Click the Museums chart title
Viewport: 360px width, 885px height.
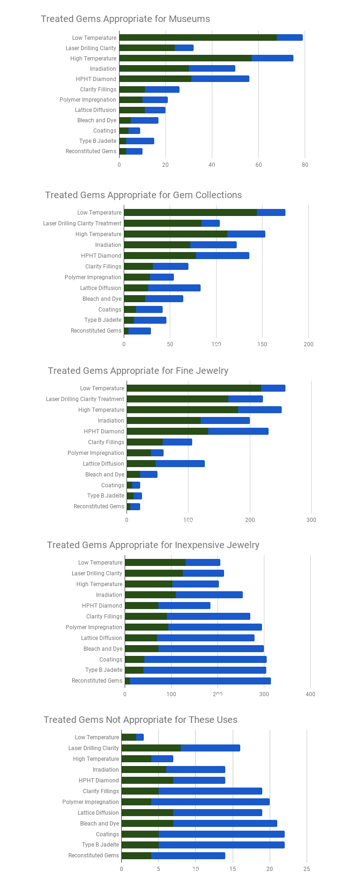click(125, 19)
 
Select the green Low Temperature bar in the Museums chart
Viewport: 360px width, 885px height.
click(198, 37)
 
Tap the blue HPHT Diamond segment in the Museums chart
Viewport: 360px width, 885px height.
click(220, 79)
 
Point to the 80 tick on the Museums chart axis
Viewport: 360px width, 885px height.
click(305, 165)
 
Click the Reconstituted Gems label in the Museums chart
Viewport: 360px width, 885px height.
click(91, 151)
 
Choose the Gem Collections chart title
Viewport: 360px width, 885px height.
click(143, 195)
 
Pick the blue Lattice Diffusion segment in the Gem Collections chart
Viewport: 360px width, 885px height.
click(174, 288)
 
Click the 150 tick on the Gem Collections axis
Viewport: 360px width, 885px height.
click(262, 344)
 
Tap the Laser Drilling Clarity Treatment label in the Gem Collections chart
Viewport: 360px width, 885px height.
click(82, 223)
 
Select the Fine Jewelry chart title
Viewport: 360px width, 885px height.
click(138, 371)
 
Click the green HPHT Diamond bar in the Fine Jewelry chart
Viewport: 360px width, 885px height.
click(167, 431)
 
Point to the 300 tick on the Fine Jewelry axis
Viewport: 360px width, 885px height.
click(311, 520)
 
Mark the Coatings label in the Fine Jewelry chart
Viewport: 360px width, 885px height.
click(112, 485)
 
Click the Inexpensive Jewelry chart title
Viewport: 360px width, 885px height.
click(153, 545)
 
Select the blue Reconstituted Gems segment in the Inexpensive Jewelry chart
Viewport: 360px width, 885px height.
click(200, 681)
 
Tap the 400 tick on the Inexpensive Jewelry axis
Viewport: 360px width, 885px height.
click(310, 694)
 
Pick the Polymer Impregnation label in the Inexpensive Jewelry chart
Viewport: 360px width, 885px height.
click(94, 627)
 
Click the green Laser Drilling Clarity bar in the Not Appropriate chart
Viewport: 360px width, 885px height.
click(151, 748)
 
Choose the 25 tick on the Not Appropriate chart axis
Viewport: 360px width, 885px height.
click(307, 869)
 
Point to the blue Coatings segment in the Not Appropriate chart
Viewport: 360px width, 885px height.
click(221, 834)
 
